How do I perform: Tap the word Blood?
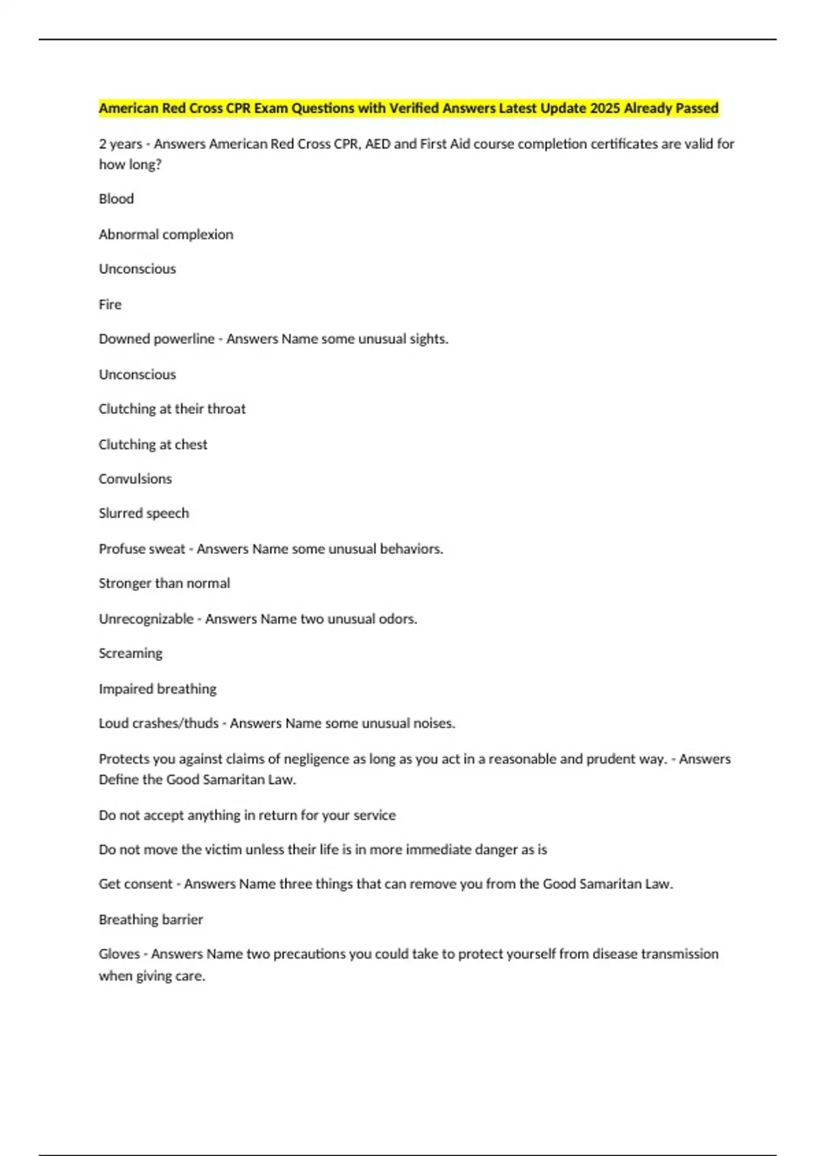pyautogui.click(x=116, y=199)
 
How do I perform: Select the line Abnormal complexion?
pyautogui.click(x=166, y=234)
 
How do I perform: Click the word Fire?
pyautogui.click(x=110, y=304)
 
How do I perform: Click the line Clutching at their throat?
pyautogui.click(x=172, y=409)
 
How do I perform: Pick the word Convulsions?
pyautogui.click(x=135, y=479)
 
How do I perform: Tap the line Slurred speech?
pyautogui.click(x=143, y=513)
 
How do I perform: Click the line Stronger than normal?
pyautogui.click(x=164, y=583)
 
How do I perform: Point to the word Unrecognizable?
pyautogui.click(x=146, y=619)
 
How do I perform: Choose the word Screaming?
pyautogui.click(x=131, y=653)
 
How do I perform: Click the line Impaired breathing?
pyautogui.click(x=157, y=689)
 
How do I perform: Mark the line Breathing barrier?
pyautogui.click(x=151, y=919)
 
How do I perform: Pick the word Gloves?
pyautogui.click(x=119, y=954)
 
